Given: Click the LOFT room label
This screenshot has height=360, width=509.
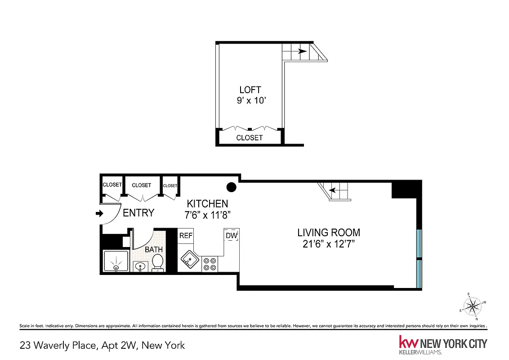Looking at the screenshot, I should tap(250, 90).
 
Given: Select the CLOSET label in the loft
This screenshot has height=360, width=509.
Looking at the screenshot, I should tap(249, 138).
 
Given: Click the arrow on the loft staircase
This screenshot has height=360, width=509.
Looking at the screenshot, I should tap(303, 51).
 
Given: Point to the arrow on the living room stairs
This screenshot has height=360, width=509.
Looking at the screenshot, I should tap(333, 190).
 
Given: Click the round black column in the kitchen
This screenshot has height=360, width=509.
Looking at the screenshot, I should tap(231, 187).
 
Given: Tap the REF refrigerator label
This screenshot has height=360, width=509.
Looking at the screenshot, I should tap(186, 236).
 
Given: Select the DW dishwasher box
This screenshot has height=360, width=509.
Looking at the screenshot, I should tap(231, 236).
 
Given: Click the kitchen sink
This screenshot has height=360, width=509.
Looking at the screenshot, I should tap(189, 259).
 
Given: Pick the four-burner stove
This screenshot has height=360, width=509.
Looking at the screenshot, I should tap(209, 263).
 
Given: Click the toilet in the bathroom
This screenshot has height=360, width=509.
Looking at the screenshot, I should tap(157, 262).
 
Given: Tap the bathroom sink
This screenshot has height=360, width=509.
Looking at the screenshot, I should tap(141, 267).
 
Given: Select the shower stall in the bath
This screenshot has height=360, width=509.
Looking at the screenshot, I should tap(116, 261).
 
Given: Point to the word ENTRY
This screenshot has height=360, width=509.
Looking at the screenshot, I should tap(138, 213).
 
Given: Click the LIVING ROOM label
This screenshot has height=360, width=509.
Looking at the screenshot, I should tap(329, 233).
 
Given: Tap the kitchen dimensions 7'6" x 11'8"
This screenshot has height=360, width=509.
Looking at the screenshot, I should tap(208, 215).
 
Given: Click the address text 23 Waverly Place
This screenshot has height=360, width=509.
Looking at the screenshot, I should tap(58, 345).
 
